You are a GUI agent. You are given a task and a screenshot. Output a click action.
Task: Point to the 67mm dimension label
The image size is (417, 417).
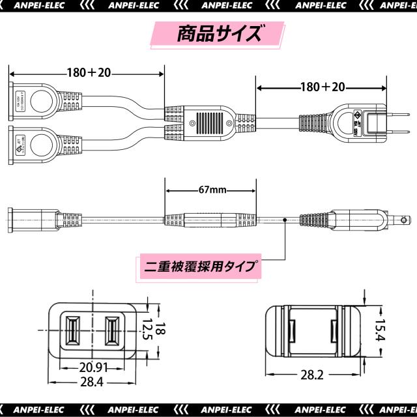210,190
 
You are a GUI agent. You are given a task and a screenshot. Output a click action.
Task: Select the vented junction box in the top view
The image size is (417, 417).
208,122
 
